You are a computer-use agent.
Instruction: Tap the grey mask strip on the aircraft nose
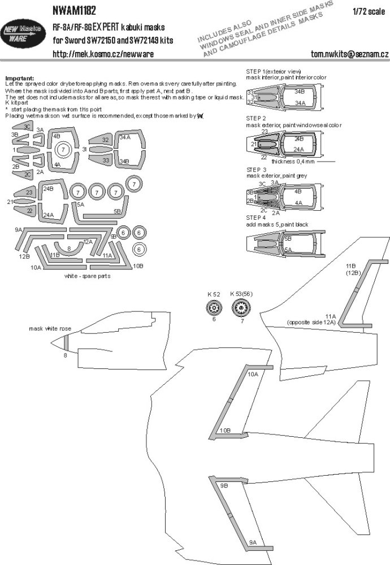click(x=66, y=342)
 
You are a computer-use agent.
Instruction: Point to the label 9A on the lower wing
click(x=253, y=543)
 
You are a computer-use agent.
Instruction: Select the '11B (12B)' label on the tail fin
click(x=354, y=270)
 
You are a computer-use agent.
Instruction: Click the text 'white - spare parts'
click(x=88, y=277)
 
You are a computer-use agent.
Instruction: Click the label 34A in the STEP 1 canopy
click(x=300, y=102)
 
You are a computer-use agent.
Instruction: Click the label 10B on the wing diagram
click(x=225, y=431)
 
